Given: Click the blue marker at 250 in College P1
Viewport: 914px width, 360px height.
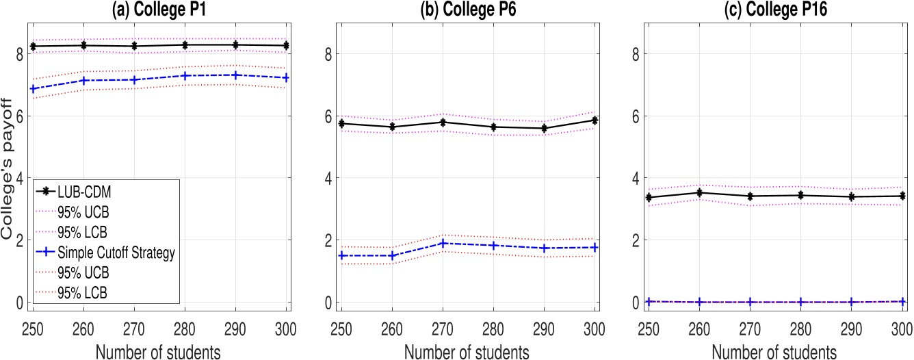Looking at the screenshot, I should (33, 88).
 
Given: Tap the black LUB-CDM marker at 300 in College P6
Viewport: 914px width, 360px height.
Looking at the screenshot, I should (595, 120).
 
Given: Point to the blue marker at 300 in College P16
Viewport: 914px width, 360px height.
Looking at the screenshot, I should (902, 301).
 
